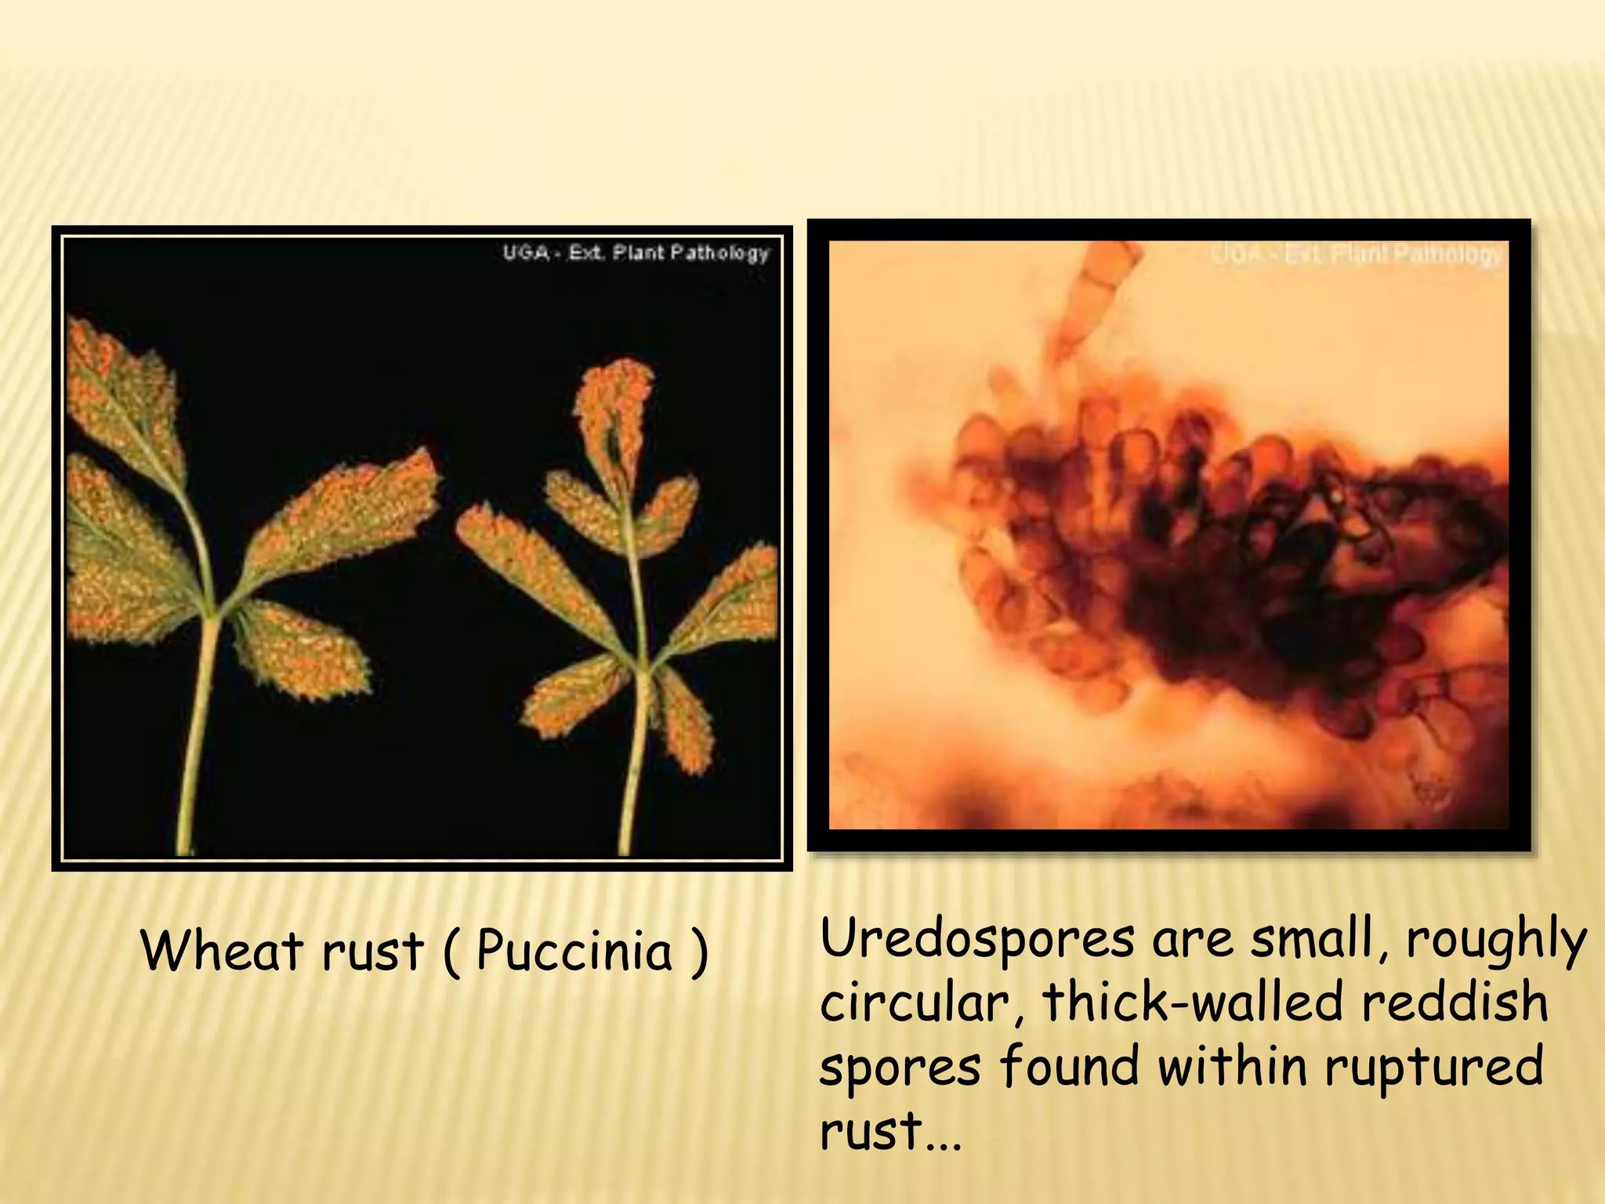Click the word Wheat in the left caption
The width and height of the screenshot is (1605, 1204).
(222, 950)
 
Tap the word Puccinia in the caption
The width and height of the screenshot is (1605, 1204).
(574, 952)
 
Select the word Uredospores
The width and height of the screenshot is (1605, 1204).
(976, 939)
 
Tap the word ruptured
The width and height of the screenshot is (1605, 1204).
(1434, 1068)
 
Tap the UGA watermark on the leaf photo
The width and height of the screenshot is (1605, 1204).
(636, 253)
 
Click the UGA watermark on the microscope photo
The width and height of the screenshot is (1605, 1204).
(1356, 255)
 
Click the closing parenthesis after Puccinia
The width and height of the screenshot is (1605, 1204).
(699, 952)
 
